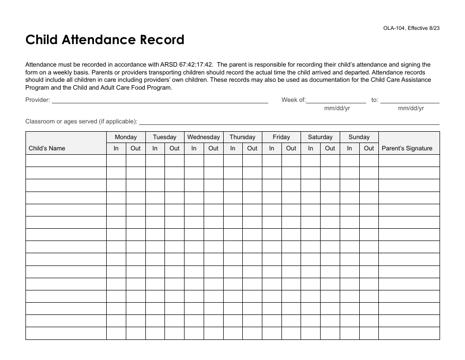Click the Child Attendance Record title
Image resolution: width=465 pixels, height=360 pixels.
pos(105,40)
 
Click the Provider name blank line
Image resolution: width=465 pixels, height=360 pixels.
pos(160,100)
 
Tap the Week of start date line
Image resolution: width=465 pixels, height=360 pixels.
pos(336,100)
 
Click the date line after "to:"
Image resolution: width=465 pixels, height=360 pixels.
pos(410,100)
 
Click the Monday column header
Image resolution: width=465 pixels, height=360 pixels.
pos(126,137)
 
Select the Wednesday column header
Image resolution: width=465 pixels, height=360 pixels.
pos(204,137)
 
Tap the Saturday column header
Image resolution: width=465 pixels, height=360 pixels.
pos(320,137)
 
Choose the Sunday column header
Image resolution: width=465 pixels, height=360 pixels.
pos(359,137)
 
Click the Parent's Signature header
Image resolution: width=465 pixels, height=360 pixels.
pos(407,148)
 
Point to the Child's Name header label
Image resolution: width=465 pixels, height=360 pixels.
pos(47,148)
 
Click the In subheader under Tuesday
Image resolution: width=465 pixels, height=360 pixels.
pos(155,148)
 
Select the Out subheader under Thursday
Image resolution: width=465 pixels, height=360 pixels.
pos(252,148)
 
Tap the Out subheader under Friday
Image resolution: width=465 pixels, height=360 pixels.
pos(291,148)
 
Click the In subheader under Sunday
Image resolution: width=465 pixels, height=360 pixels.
pos(349,148)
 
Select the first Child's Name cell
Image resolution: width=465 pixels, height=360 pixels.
pos(66,161)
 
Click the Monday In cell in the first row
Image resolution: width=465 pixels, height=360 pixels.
pos(116,161)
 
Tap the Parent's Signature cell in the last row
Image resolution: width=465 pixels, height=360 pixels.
pos(409,334)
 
